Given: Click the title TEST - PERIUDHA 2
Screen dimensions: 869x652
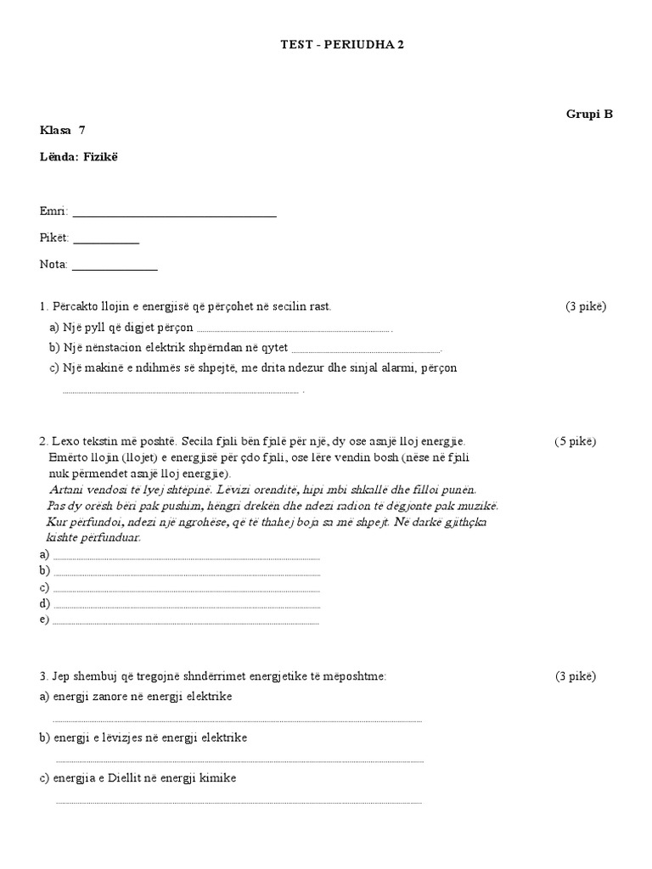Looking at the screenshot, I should (342, 45).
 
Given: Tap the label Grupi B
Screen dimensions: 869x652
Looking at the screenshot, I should (589, 114).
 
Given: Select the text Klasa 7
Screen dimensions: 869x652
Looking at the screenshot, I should (63, 130).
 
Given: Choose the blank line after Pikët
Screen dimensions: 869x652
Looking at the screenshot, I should (106, 243).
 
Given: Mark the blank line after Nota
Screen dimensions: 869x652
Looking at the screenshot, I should (115, 269).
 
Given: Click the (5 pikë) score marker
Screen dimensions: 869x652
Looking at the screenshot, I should (576, 441).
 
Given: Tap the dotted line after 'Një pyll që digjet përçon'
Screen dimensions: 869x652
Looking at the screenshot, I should (294, 331).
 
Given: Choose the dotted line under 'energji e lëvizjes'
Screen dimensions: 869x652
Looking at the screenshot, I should (239, 761).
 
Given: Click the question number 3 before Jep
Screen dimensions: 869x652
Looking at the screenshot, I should (42, 676).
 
